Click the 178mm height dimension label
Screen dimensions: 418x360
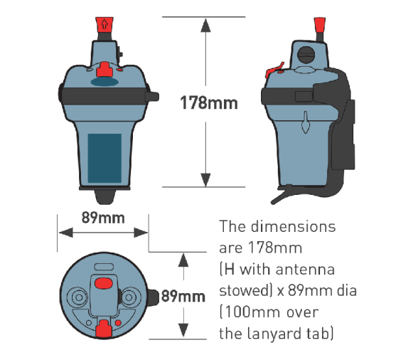coord(209,103)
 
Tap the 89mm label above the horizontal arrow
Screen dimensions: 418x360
coord(103,218)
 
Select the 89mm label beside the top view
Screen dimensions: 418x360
coord(183,296)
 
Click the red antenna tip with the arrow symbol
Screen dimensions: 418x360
coord(104,24)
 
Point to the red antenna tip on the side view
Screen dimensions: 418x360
coord(319,25)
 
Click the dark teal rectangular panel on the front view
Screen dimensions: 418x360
coord(104,158)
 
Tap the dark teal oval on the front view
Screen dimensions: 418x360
coord(104,82)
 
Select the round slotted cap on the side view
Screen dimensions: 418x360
coord(306,55)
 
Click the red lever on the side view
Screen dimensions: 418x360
coord(274,70)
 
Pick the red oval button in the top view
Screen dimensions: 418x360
coord(104,283)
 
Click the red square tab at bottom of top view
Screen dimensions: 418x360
coord(104,328)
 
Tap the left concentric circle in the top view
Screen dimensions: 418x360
coord(78,297)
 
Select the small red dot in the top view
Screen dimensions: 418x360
coord(118,323)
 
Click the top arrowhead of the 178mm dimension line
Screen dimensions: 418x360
coord(205,25)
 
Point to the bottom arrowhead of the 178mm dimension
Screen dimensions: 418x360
coord(205,179)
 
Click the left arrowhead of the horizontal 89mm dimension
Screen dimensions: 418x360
coord(65,233)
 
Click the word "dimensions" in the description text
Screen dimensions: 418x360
coord(293,226)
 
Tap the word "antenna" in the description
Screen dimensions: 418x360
coord(305,270)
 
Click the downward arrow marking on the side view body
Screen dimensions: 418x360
coord(306,122)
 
